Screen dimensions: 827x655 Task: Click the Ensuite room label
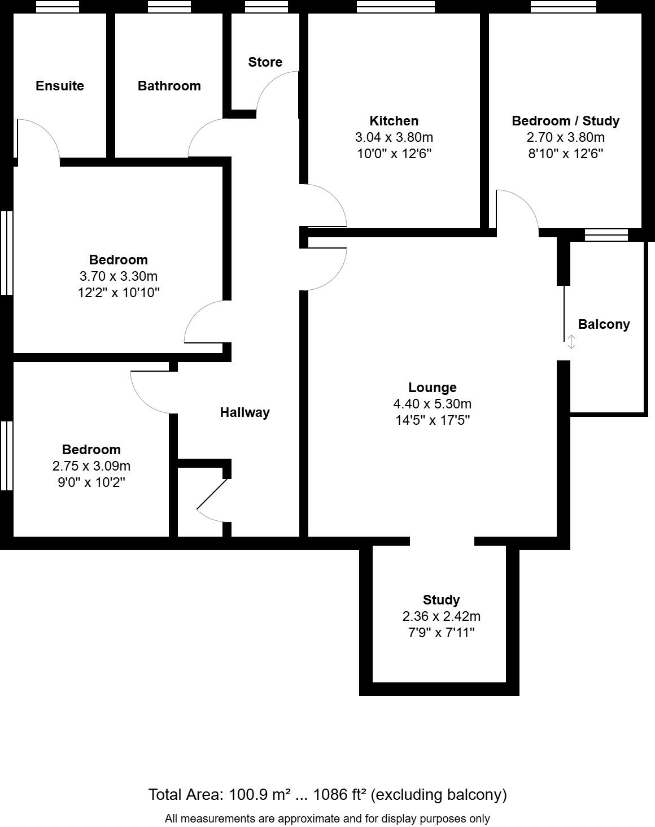coord(59,86)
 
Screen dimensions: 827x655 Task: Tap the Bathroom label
coord(169,86)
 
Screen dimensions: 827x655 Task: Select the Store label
coord(265,62)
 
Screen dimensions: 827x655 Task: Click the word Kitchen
coord(394,121)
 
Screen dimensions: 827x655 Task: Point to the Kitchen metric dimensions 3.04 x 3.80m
coord(394,137)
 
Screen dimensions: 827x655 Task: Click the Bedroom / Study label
coord(565,121)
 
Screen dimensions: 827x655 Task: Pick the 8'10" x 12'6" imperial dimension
coord(565,154)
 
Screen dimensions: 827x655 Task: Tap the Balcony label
coord(604,324)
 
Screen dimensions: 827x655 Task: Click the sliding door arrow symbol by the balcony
coord(571,342)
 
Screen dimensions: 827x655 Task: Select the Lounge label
coord(432,388)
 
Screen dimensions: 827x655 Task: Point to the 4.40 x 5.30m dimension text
coord(432,404)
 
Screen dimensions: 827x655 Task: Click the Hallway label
coord(244,412)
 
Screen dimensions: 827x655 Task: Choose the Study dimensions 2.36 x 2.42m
coord(441,616)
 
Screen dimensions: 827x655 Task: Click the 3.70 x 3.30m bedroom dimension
coord(118,276)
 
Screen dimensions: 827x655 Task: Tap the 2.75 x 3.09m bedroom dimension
coord(91,466)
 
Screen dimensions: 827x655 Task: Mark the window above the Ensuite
coord(57,7)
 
